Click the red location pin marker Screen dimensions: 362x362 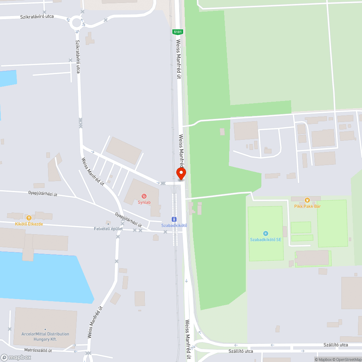click(181, 173)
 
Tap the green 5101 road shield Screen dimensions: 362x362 click(178, 32)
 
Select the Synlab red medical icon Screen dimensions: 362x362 click(144, 196)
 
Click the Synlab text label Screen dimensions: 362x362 click(144, 202)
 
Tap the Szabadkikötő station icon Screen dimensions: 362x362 click(174, 219)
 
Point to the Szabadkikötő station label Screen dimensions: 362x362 click(174, 226)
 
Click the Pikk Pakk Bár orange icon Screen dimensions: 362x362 click(307, 200)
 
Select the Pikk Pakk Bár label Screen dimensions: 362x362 click(307, 206)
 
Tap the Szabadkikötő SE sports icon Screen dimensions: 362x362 click(266, 233)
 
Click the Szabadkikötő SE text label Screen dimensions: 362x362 click(266, 240)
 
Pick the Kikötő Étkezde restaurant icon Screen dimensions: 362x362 click(29, 218)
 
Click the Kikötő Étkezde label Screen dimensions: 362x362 click(29, 224)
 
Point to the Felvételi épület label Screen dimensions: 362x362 click(108, 229)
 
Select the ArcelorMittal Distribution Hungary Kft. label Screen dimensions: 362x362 click(45, 337)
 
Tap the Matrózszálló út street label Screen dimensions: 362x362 click(38, 350)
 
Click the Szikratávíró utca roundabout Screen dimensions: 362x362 click(77, 23)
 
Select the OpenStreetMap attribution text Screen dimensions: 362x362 click(346, 359)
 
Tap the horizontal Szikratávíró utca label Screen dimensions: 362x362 click(37, 17)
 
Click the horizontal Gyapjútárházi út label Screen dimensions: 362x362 click(43, 194)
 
